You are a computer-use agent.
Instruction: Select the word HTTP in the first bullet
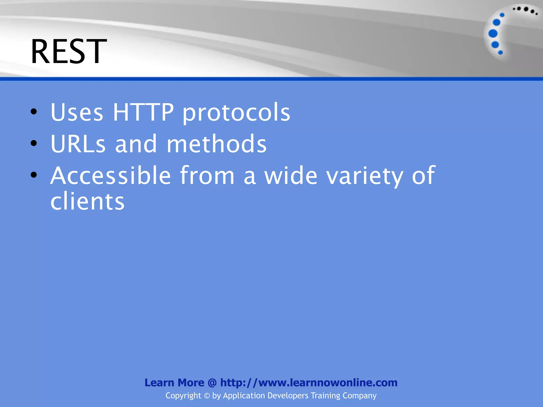pos(143,112)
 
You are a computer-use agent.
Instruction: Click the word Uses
pos(77,112)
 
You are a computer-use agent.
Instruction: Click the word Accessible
pos(111,175)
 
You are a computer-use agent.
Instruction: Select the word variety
pos(365,176)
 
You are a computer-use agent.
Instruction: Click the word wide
pos(291,175)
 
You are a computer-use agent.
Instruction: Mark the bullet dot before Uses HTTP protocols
pos(34,112)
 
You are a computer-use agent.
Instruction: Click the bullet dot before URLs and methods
pos(34,143)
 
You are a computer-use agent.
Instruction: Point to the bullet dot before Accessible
pos(34,175)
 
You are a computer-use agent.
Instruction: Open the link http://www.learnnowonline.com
pos(309,383)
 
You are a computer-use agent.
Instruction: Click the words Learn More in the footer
pos(174,383)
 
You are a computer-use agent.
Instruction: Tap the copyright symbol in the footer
pos(207,396)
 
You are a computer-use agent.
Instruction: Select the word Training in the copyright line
pos(325,396)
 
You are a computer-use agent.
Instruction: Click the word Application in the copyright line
pos(244,396)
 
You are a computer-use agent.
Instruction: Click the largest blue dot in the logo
pos(493,34)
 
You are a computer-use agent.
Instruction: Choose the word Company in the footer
pos(360,396)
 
